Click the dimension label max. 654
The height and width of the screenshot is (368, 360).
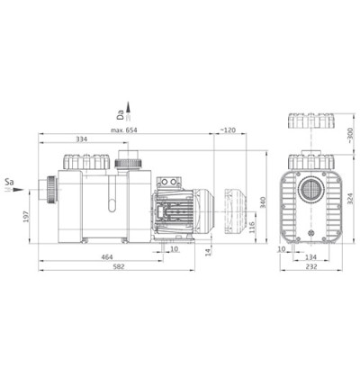(x=123, y=130)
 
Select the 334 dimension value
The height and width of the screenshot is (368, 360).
(x=81, y=139)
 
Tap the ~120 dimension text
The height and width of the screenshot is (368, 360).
(x=228, y=130)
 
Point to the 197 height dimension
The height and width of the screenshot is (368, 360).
(x=25, y=217)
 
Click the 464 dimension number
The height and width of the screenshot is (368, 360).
(x=107, y=257)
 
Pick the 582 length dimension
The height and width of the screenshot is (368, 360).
(x=119, y=266)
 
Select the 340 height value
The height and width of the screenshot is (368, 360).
(x=263, y=202)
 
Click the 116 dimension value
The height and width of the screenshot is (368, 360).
(x=251, y=227)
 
